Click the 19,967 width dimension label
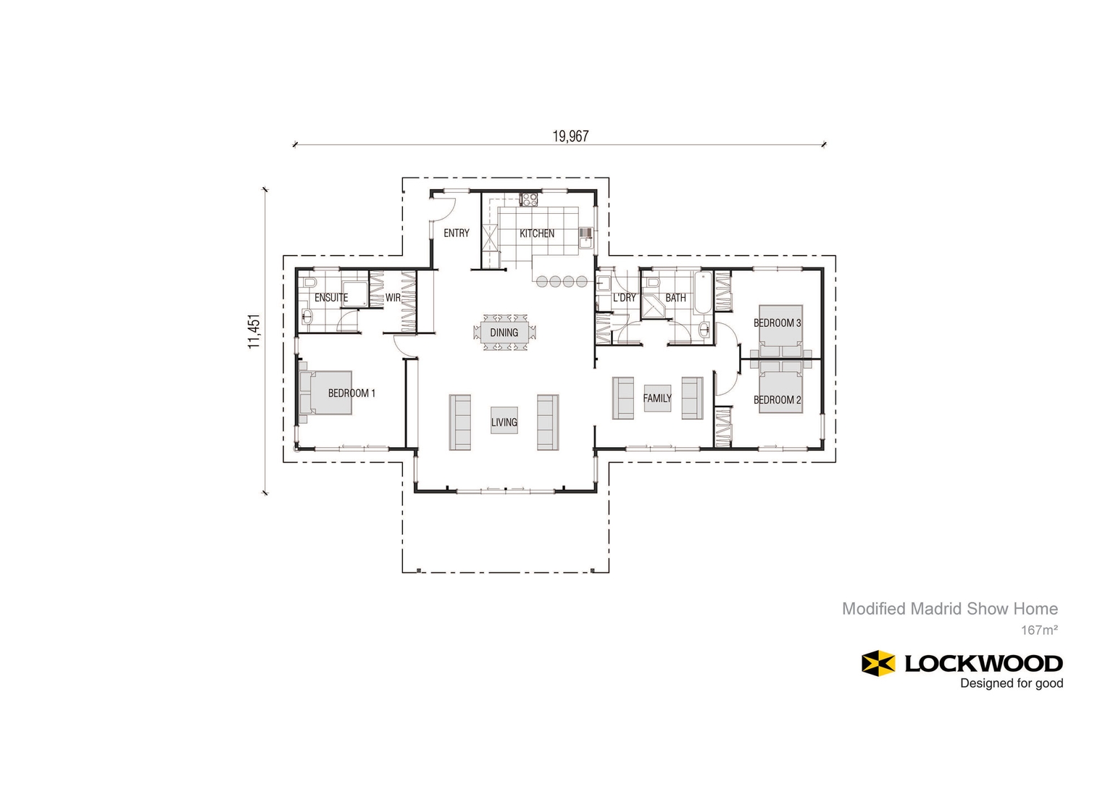click(x=570, y=136)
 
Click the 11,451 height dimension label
click(x=254, y=332)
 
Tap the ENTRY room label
click(x=457, y=233)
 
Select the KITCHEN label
click(x=537, y=233)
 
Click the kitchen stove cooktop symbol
click(x=529, y=199)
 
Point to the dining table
click(x=504, y=333)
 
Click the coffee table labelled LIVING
click(x=504, y=421)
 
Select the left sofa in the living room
click(x=460, y=422)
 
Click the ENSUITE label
click(x=331, y=298)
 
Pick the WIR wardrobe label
click(x=393, y=298)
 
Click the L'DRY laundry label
click(x=624, y=298)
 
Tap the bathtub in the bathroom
click(x=702, y=293)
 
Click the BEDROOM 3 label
click(x=778, y=323)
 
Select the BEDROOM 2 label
click(x=778, y=400)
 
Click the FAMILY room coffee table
click(x=657, y=398)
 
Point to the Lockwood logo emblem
click(x=878, y=663)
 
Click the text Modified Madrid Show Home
click(x=949, y=609)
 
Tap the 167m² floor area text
click(x=1039, y=630)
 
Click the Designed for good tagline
click(x=1012, y=683)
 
